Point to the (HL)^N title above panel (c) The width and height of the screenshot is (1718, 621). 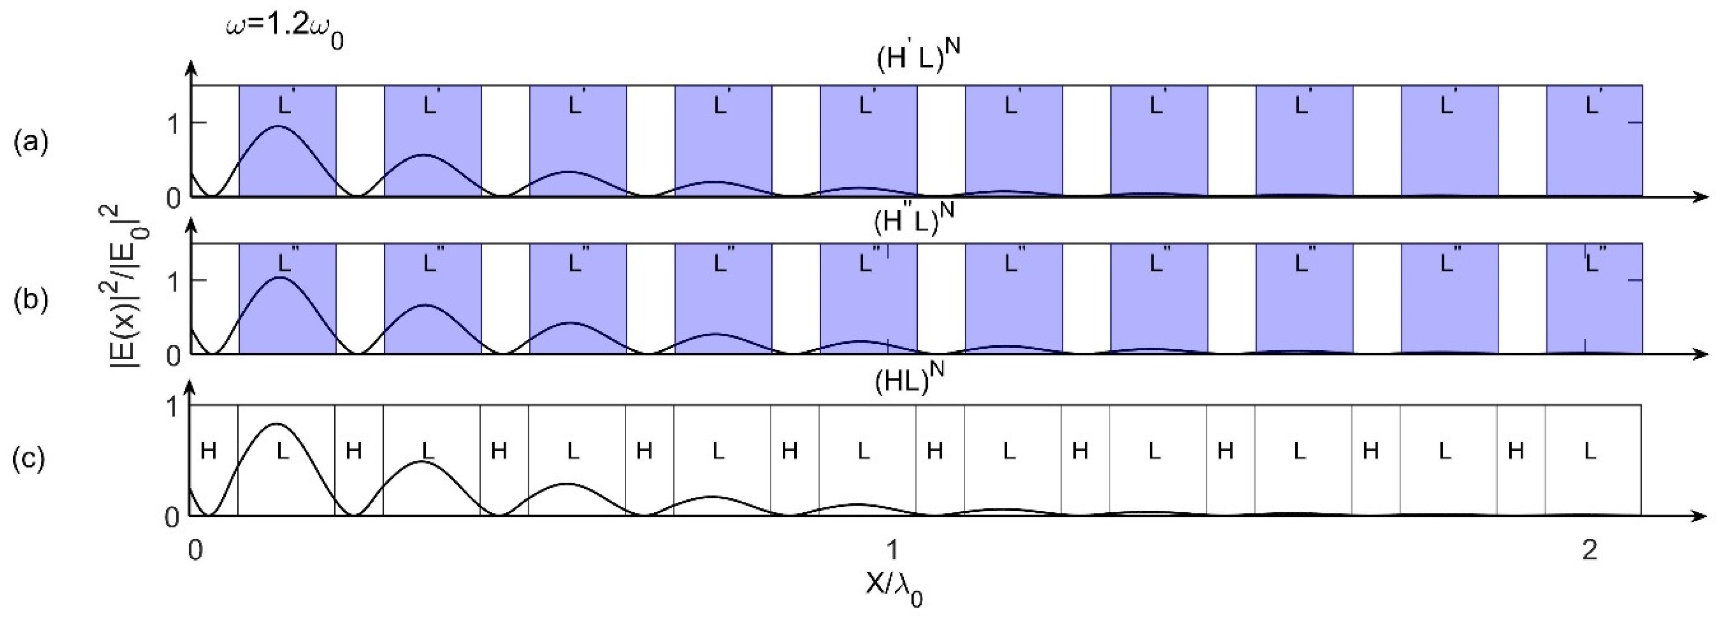click(x=910, y=378)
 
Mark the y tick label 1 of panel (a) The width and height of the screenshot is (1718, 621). click(x=174, y=124)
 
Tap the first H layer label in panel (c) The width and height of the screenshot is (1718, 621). click(x=209, y=451)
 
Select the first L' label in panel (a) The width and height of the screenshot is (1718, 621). click(x=285, y=105)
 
